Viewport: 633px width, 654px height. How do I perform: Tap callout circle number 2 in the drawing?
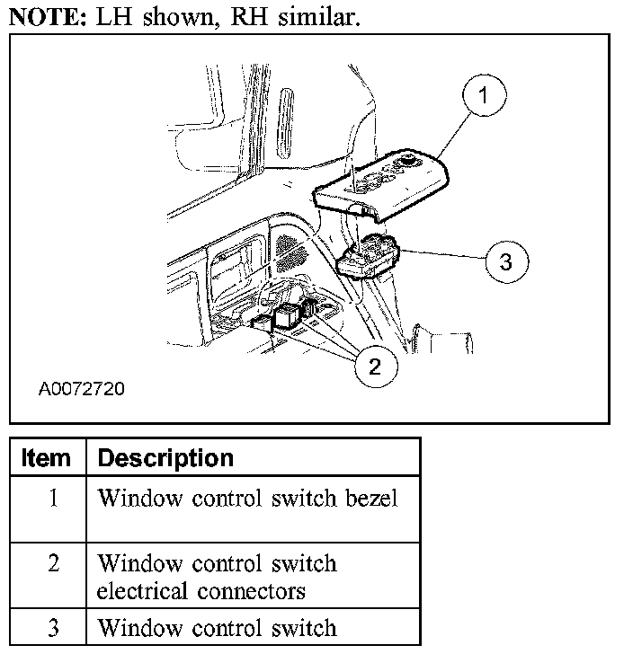coord(376,365)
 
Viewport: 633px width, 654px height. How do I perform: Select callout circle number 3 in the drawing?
coord(505,261)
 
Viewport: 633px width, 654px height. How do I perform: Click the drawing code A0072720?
coord(82,391)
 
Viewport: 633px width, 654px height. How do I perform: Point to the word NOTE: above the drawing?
coord(43,17)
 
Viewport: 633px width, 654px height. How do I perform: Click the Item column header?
coord(46,458)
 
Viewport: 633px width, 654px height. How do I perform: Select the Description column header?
coord(165,458)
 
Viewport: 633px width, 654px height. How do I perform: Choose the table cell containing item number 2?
coord(52,564)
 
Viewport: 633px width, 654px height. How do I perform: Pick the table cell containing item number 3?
coord(52,627)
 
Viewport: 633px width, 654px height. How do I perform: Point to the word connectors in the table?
coord(249,592)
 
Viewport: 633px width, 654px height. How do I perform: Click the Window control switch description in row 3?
coord(216,627)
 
